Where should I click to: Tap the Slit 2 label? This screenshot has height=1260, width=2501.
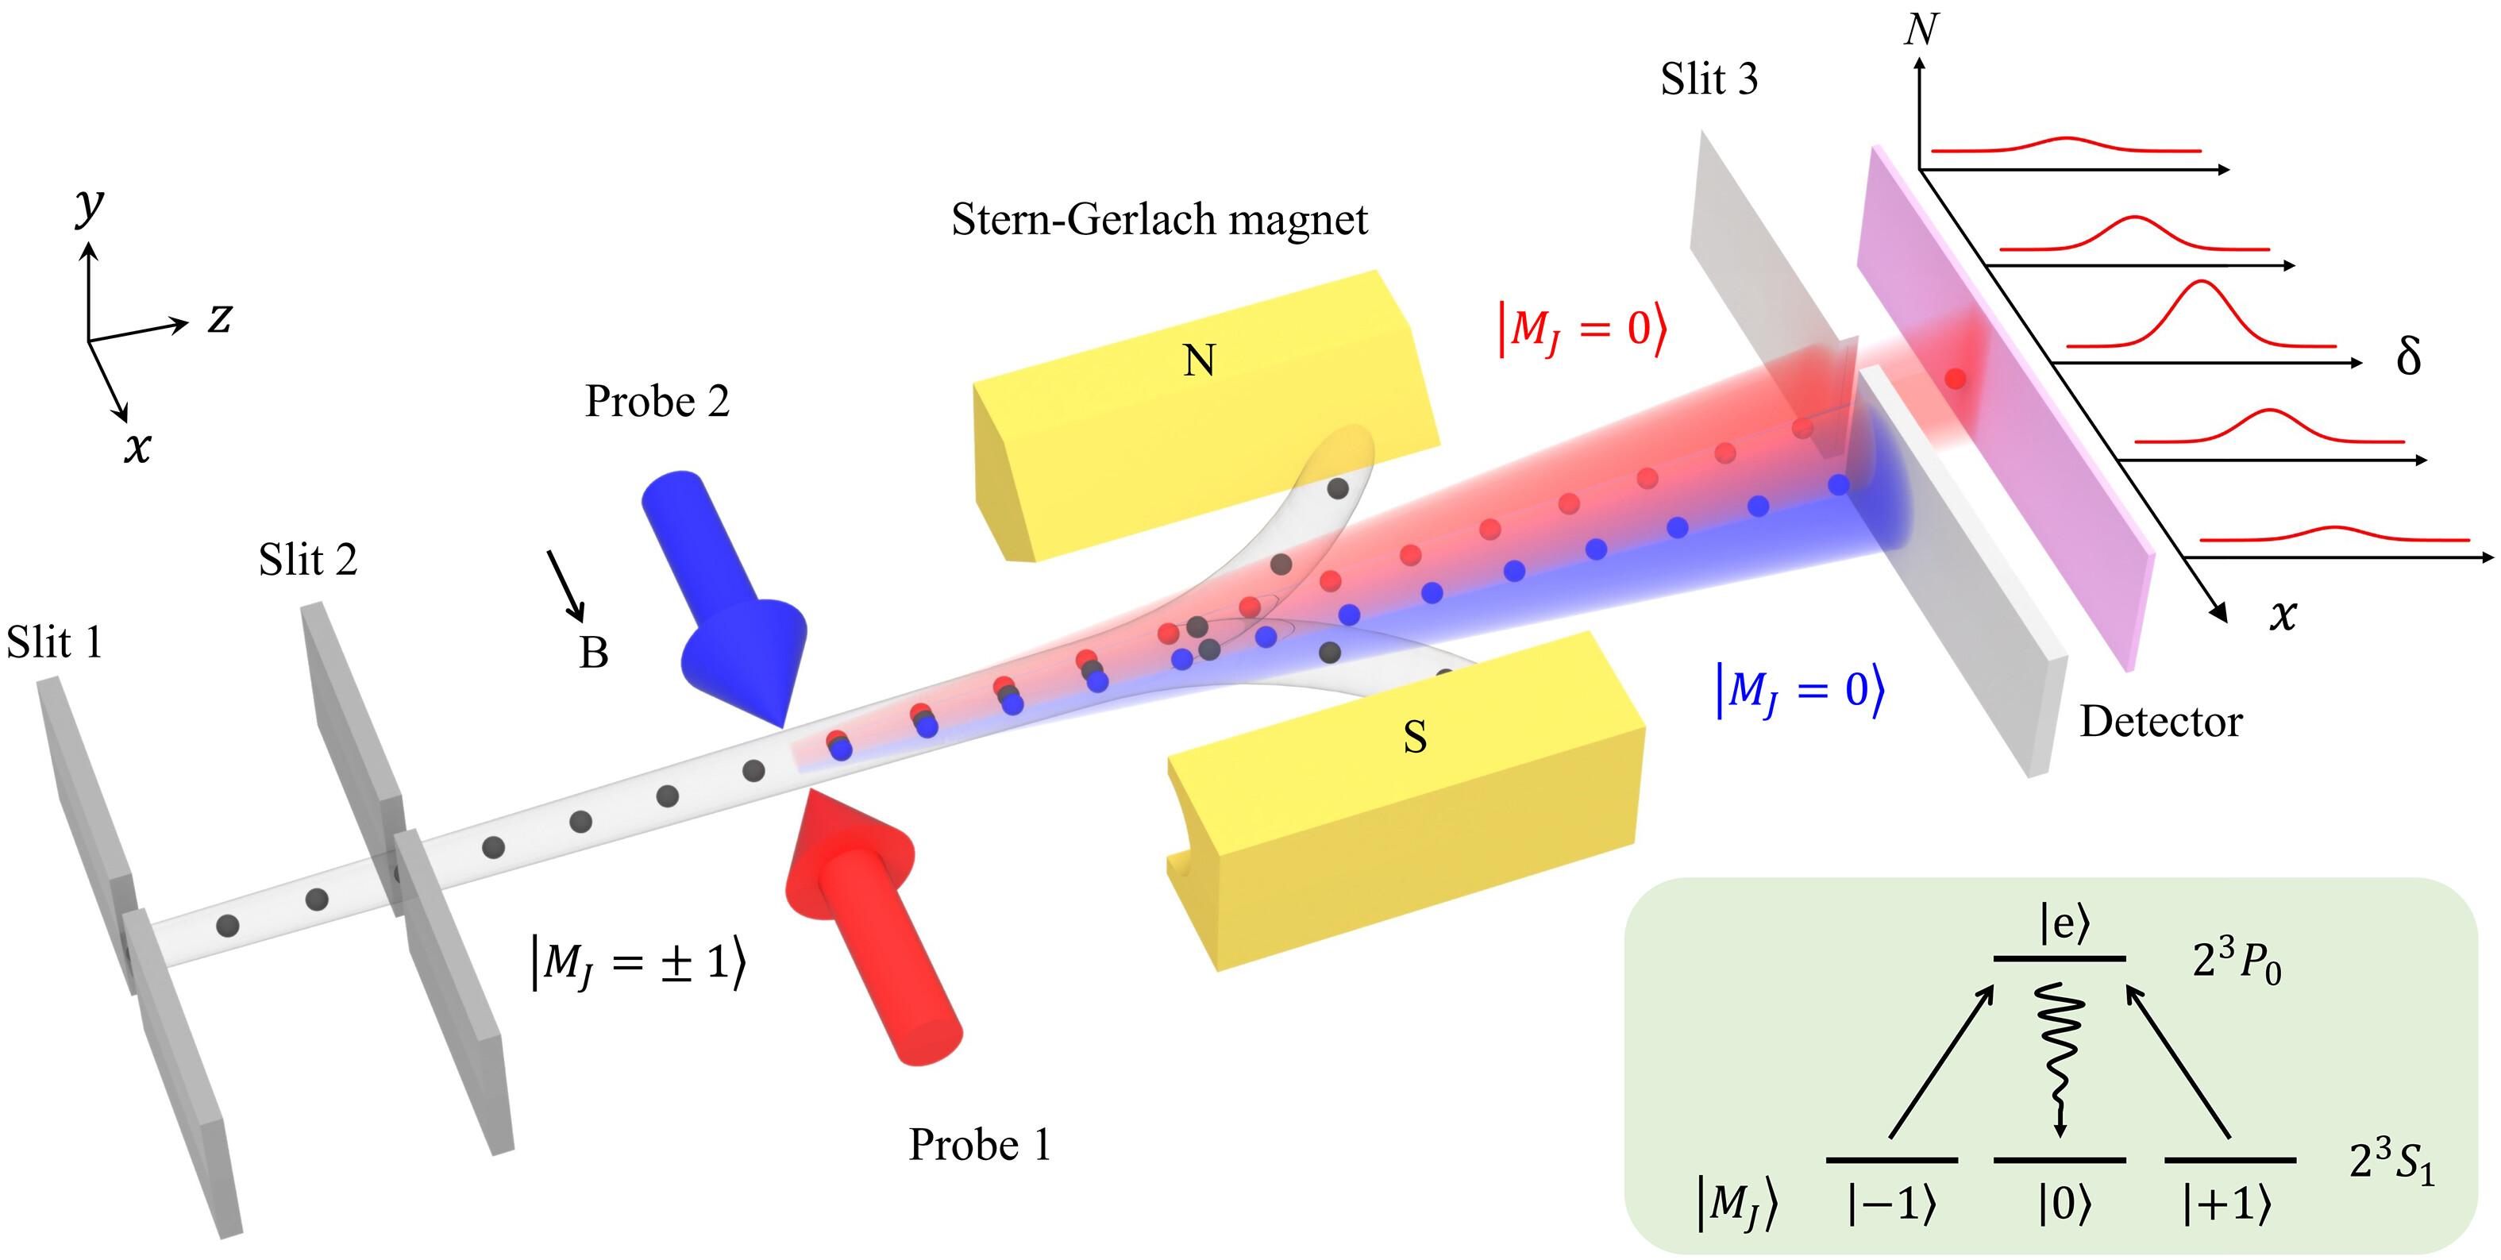(308, 560)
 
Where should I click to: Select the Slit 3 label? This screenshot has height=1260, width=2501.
(1709, 79)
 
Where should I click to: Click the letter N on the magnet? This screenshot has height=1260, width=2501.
(1199, 361)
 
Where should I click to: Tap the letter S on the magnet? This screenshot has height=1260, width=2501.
(1415, 738)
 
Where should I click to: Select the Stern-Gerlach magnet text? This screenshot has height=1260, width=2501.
(1159, 221)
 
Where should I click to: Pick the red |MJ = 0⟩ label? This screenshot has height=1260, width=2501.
(1582, 330)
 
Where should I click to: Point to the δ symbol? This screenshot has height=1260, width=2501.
(2408, 357)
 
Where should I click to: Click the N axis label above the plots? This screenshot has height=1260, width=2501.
(1921, 30)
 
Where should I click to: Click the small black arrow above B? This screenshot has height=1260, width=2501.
(566, 585)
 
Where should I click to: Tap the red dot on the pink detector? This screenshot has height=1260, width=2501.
(1956, 379)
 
